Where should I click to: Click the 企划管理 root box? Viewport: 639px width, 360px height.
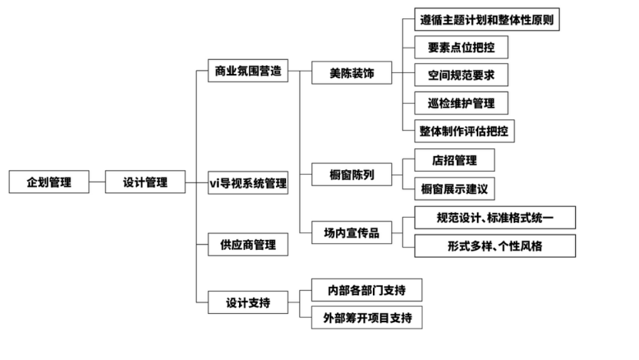click(48, 182)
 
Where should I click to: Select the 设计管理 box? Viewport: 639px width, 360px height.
click(145, 182)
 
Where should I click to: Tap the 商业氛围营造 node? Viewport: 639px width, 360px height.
click(248, 72)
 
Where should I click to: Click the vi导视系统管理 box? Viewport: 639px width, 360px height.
click(248, 183)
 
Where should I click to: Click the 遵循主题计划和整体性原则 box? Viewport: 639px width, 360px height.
click(486, 20)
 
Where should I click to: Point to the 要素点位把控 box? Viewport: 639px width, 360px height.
click(461, 48)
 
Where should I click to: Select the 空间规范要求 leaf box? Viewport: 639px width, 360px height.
click(461, 75)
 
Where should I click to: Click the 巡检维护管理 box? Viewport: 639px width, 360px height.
click(461, 102)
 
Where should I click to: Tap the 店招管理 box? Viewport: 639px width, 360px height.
click(454, 160)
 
